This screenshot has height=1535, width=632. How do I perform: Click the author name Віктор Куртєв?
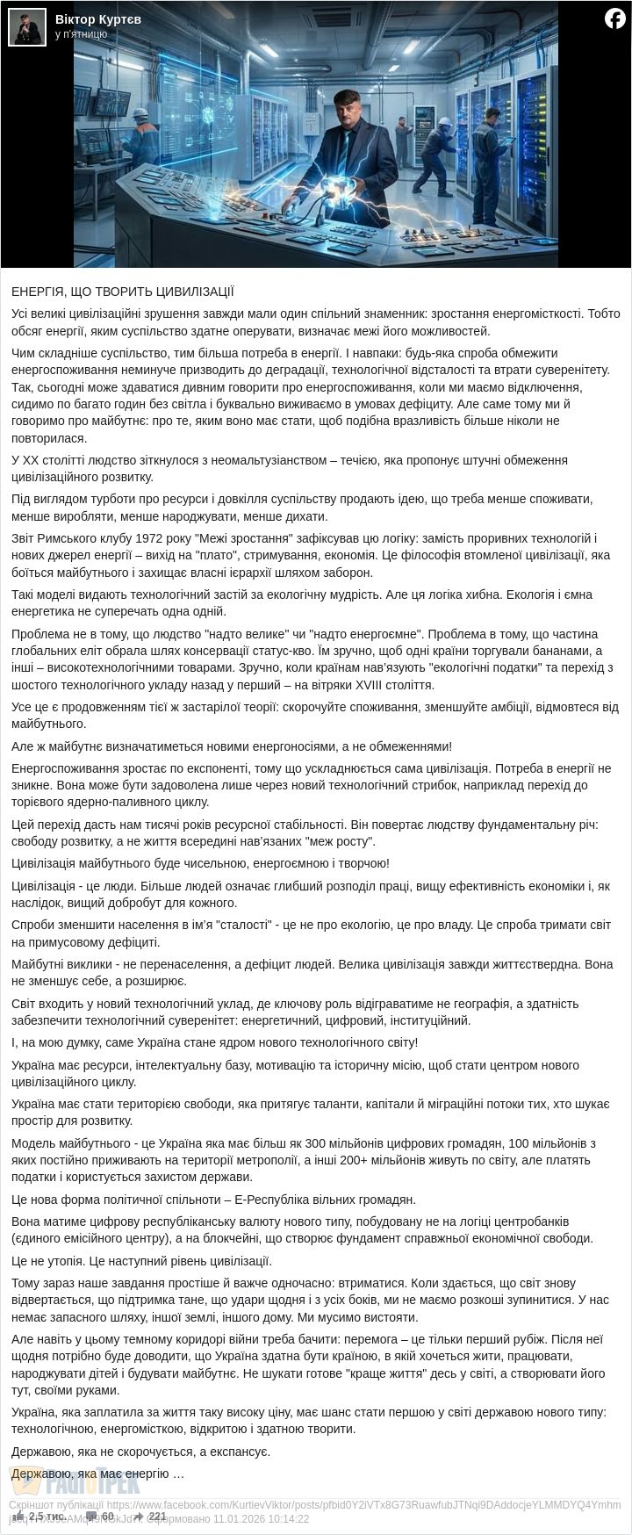tap(97, 19)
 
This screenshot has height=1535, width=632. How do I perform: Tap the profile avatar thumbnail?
tap(26, 26)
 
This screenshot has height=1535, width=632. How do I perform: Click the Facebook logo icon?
tap(614, 18)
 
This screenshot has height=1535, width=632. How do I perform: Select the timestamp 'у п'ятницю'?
tap(81, 34)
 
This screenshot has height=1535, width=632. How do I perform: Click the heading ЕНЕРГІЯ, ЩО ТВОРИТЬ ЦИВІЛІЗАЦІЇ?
tap(122, 291)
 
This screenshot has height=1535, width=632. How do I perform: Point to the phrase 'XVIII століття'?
tap(391, 685)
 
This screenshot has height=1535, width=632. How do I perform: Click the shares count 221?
tap(157, 1516)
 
